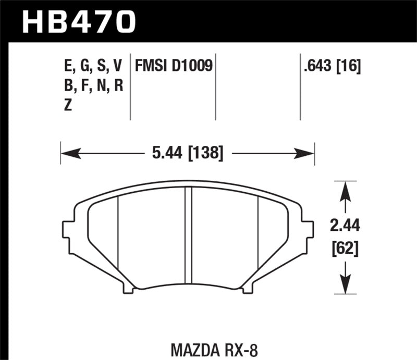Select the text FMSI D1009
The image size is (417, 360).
click(174, 66)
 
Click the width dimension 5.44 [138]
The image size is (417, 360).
click(186, 153)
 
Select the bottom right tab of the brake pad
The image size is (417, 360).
click(248, 285)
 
